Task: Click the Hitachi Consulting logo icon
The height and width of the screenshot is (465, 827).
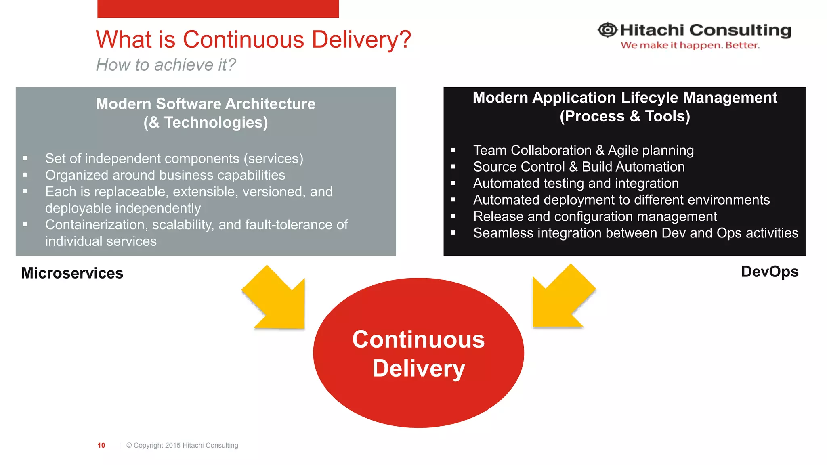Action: [607, 30]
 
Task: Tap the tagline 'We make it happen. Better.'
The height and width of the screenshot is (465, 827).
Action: [690, 45]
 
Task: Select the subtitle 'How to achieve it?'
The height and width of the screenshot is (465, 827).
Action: [166, 65]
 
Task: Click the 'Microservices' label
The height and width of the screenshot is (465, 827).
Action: [72, 273]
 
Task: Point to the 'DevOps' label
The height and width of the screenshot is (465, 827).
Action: [769, 272]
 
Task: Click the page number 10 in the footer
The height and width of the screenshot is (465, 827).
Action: [101, 445]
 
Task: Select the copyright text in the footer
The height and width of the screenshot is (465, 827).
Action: [182, 445]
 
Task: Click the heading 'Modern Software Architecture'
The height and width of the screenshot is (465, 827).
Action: [206, 104]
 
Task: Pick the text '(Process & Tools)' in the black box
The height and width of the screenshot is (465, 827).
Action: [625, 116]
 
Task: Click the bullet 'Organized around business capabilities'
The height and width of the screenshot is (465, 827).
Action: [165, 175]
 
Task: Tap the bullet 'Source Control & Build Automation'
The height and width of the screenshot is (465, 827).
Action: [579, 167]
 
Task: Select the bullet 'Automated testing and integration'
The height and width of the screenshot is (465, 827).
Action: [576, 183]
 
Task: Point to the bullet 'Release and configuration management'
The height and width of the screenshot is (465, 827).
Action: [595, 216]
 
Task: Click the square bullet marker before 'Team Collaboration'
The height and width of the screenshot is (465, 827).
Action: [453, 150]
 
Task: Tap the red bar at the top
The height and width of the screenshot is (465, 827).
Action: [218, 8]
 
